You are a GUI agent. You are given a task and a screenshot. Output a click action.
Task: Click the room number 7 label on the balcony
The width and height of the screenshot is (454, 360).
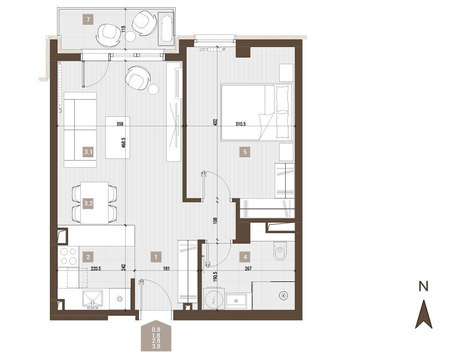pyautogui.click(x=89, y=20)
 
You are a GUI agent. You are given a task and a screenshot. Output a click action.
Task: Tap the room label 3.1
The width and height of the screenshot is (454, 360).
pyautogui.click(x=89, y=152)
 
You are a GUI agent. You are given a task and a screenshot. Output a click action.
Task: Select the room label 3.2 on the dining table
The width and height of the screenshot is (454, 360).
pyautogui.click(x=89, y=203)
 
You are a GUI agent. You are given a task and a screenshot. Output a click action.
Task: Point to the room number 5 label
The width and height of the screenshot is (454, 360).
pyautogui.click(x=245, y=152)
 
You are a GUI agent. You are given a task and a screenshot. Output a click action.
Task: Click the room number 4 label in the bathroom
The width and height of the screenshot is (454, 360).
pyautogui.click(x=245, y=257)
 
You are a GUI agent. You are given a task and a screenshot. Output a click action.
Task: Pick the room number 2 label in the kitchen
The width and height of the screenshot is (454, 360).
pyautogui.click(x=89, y=257)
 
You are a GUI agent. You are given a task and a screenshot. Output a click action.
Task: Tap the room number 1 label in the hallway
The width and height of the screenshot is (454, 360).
pyautogui.click(x=156, y=257)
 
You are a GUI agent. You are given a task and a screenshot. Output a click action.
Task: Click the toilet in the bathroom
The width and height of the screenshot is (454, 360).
pyautogui.click(x=280, y=250)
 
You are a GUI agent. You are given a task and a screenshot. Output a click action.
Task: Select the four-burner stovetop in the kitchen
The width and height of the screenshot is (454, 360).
pyautogui.click(x=68, y=256)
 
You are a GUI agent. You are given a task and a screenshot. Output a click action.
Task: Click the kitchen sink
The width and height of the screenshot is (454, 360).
pyautogui.click(x=92, y=299)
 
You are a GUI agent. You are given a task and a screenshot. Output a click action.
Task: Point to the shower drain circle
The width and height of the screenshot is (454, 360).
pyautogui.click(x=283, y=296)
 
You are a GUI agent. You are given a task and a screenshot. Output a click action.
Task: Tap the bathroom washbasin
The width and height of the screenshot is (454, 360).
pyautogui.click(x=236, y=301)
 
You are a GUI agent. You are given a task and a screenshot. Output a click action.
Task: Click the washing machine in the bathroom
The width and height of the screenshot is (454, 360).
pyautogui.click(x=214, y=299)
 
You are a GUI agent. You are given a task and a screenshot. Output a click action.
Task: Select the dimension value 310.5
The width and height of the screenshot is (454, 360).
pyautogui.click(x=240, y=124)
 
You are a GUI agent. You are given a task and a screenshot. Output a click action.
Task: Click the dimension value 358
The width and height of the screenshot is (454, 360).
pyautogui.click(x=120, y=124)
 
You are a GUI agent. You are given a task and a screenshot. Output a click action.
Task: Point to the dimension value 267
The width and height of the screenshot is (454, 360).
pyautogui.click(x=248, y=269)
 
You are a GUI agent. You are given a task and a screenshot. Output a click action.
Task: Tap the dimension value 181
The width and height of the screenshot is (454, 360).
pyautogui.click(x=166, y=269)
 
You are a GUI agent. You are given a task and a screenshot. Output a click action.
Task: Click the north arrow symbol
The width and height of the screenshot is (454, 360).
pyautogui.click(x=424, y=314)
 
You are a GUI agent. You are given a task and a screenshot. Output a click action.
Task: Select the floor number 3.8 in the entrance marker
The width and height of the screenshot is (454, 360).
pyautogui.click(x=156, y=346)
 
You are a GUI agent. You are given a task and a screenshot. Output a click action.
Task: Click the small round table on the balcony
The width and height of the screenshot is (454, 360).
pyautogui.click(x=130, y=36)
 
